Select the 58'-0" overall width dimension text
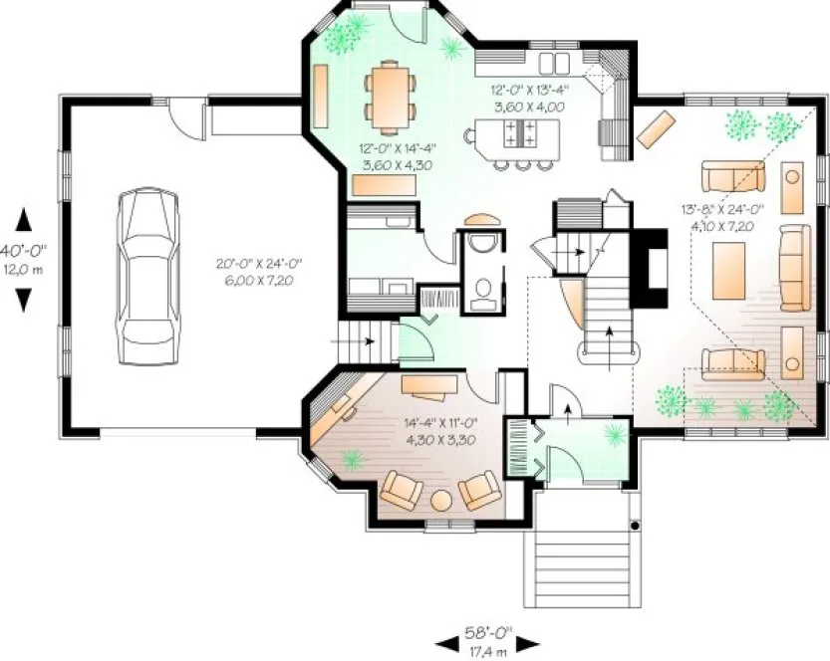(487, 632)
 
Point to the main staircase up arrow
(610, 338)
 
